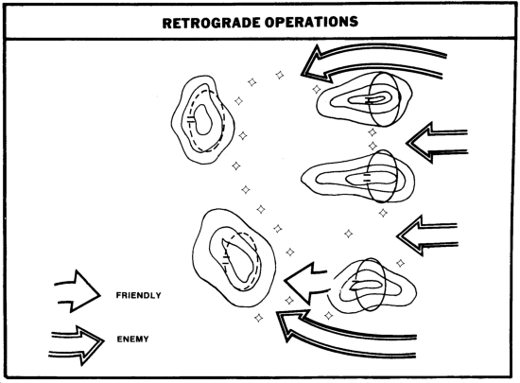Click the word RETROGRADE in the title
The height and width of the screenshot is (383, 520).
[x=211, y=23]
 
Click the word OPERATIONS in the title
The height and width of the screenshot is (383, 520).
[x=312, y=22]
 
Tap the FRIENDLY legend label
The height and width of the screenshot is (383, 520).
[x=139, y=295]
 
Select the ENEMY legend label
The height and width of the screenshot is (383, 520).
[x=132, y=339]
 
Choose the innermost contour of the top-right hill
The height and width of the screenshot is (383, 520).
[x=374, y=98]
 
